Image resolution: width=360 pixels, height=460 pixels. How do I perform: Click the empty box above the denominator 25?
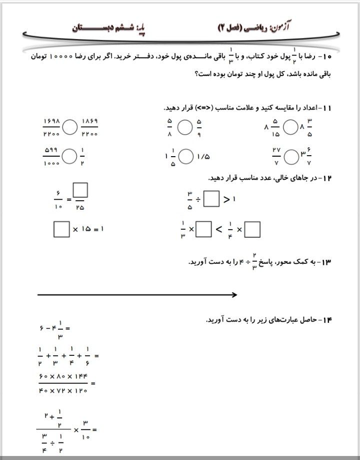[x=80, y=190]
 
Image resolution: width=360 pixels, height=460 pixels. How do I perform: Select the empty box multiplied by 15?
[x=61, y=229]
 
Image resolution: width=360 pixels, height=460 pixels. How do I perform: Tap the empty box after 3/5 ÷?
[x=211, y=200]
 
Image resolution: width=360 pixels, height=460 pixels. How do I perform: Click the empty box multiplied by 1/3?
[x=203, y=229]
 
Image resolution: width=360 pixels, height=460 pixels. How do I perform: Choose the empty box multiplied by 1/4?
[x=253, y=229]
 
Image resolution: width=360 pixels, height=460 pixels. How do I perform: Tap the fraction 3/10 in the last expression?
[x=85, y=428]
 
